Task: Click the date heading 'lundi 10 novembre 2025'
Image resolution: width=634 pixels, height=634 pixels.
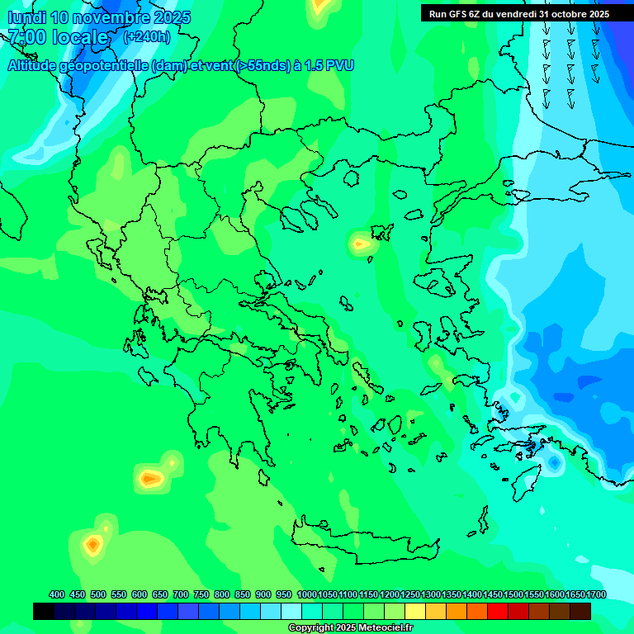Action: tap(99, 17)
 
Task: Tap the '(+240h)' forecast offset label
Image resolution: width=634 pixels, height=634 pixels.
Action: tap(146, 37)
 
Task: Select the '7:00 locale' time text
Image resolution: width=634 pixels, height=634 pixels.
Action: tap(58, 37)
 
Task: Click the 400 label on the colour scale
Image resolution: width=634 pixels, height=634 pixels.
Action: tap(57, 594)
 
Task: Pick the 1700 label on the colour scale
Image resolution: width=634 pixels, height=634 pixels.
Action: tap(595, 594)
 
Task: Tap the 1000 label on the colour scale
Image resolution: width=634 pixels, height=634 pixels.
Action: tap(306, 594)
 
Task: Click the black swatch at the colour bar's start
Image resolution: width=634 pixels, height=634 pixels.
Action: tap(44, 611)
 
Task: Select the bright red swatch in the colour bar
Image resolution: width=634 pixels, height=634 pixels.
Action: tap(498, 611)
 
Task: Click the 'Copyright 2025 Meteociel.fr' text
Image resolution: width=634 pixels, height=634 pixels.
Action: tap(350, 628)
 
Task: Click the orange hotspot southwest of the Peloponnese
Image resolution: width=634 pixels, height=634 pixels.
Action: tap(150, 478)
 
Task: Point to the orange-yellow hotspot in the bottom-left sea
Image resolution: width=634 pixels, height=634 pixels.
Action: tap(92, 544)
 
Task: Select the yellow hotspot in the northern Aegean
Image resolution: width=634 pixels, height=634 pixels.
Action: tap(361, 244)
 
